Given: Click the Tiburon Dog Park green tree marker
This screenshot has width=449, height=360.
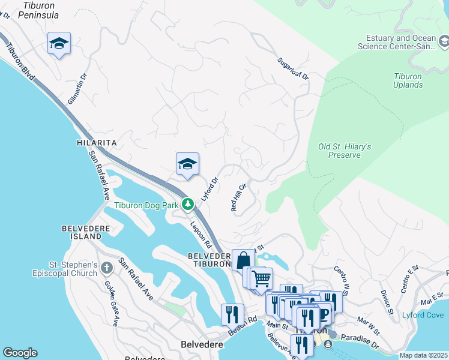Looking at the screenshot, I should pos(188,204).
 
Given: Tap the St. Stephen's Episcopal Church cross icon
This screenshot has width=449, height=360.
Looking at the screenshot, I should pos(107,268).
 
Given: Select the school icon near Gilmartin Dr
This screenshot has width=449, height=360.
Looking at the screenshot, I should pos(59,43).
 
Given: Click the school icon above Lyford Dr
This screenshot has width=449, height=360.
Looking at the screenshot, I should pos(187,164).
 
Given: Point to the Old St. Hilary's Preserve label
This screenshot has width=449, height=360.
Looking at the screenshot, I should pos(344,151).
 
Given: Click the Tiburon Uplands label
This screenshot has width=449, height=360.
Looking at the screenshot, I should pos(408,80).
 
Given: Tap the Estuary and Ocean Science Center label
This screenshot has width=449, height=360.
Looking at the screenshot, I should pos(397,42).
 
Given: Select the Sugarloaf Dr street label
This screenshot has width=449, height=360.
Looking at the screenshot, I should pos(292,69).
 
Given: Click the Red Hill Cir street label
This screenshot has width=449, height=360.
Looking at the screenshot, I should pos(238,197).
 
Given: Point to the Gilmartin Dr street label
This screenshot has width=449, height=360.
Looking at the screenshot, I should pos(77,89).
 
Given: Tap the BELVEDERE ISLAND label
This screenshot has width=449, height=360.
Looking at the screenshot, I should pos(82,232).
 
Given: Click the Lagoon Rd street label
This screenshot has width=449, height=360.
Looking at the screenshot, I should pos(200,236).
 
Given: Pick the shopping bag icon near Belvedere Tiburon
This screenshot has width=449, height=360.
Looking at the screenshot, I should pos(243,261).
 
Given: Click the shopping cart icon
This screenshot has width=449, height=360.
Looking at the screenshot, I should pos(261,278).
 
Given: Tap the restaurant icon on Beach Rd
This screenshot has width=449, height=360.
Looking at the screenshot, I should pos(232,314).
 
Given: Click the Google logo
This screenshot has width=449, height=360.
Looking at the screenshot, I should pos(20,353).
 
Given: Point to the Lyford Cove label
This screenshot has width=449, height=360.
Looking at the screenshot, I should pos(427,315).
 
